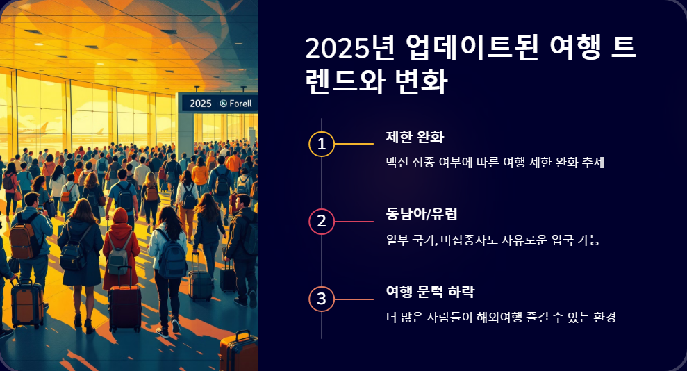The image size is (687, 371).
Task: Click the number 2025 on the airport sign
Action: click(200, 104)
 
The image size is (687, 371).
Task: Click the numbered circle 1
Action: click(321, 144)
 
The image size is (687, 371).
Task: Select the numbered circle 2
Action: click(321, 222)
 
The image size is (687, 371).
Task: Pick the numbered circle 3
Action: click(321, 299)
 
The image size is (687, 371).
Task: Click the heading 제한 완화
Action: click(415, 136)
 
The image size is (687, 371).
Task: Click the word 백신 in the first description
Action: click(397, 163)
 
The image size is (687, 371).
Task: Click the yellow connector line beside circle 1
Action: click(355, 144)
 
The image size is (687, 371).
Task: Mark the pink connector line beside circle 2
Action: click(355, 222)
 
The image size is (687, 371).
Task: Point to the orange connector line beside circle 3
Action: click(355, 299)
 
